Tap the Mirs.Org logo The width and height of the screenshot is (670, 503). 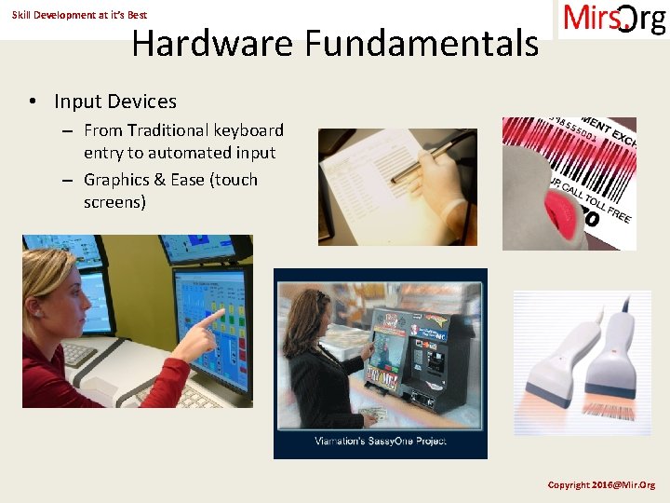pyautogui.click(x=614, y=19)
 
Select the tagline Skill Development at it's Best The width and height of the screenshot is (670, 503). pyautogui.click(x=79, y=15)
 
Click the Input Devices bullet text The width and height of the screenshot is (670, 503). pyautogui.click(x=115, y=102)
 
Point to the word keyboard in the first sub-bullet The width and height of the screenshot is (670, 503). pyautogui.click(x=248, y=130)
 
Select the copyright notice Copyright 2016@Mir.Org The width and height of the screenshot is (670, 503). pyautogui.click(x=601, y=484)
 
